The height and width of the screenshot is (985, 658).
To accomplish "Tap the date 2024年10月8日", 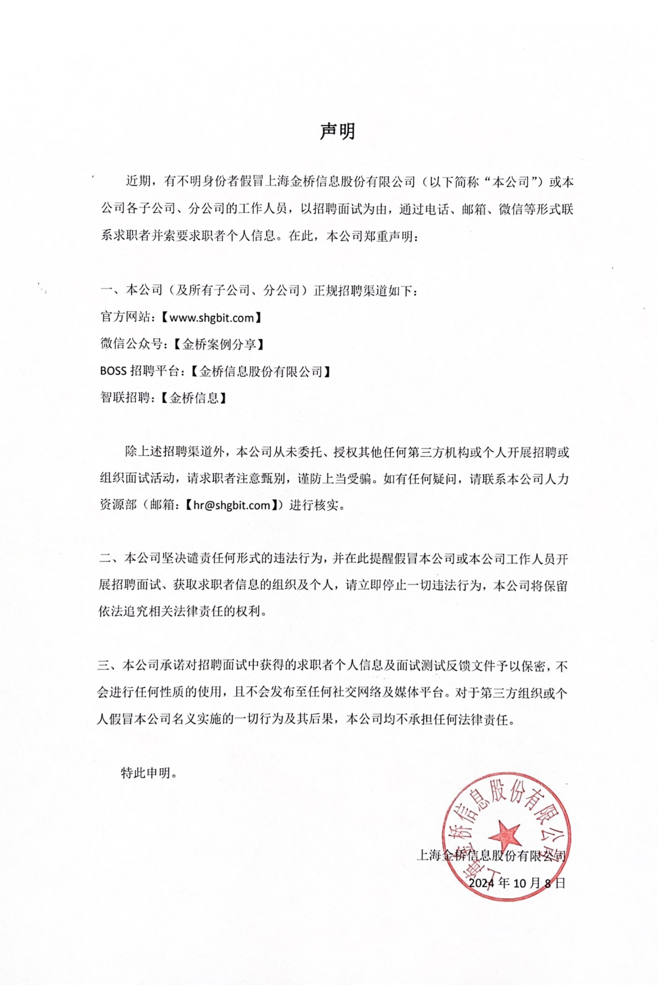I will click(517, 883).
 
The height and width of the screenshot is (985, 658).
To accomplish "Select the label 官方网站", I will click(125, 318).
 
